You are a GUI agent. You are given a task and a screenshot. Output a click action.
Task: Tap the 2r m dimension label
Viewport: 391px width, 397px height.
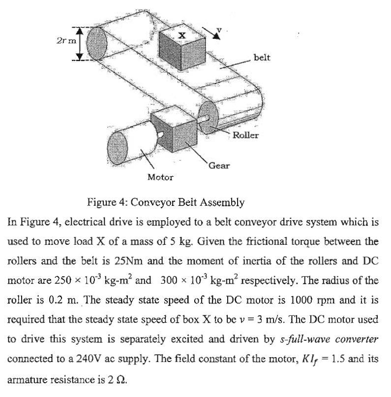66,40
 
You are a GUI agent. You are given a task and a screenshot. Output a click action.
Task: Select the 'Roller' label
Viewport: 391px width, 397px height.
245,134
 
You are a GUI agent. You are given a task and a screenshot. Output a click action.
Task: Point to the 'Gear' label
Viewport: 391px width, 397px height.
219,165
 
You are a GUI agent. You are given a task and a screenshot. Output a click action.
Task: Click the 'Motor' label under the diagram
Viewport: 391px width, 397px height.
160,177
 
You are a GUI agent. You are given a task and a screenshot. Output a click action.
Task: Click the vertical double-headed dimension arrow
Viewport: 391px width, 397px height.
83,43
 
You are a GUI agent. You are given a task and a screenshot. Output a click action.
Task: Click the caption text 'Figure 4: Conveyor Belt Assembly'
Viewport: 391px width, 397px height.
165,202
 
